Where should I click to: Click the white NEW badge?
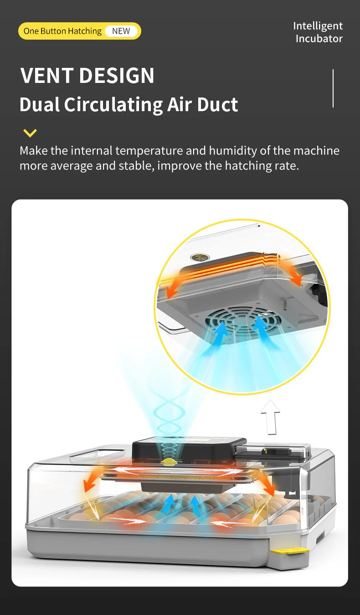point(121,31)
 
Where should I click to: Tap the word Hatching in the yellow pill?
point(85,31)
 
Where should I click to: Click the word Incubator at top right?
point(319,38)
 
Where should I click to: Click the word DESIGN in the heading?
point(117,76)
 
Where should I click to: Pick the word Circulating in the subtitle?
point(113,105)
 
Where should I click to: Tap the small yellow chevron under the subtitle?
point(30,133)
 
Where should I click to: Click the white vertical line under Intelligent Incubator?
point(333,88)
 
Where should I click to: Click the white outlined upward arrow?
point(271,417)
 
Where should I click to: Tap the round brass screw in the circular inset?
point(200,257)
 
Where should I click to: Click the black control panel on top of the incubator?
point(189,449)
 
